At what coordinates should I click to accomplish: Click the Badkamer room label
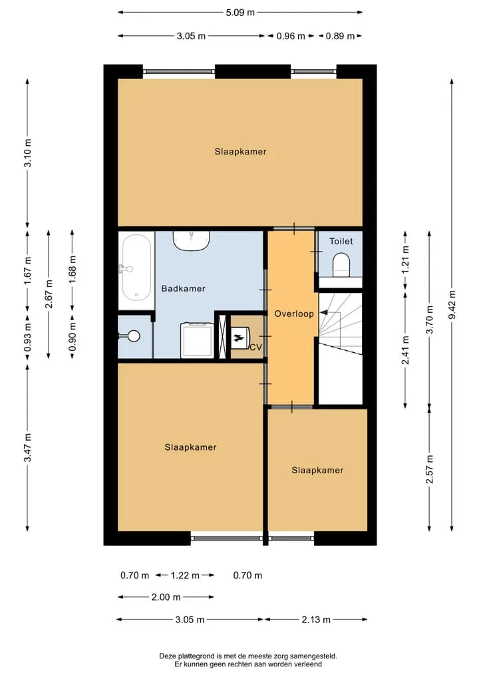(x=183, y=288)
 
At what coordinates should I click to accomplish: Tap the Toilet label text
(x=341, y=241)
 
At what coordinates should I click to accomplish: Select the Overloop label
(x=294, y=314)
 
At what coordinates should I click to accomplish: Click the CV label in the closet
(x=256, y=347)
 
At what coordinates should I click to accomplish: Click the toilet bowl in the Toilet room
(x=341, y=265)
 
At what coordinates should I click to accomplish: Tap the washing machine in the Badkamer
(x=197, y=339)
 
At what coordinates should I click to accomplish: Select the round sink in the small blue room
(x=133, y=336)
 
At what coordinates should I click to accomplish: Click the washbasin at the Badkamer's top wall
(x=191, y=240)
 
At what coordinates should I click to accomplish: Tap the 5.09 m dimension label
(x=240, y=13)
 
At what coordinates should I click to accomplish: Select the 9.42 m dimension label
(x=452, y=305)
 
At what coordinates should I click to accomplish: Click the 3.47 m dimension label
(x=28, y=447)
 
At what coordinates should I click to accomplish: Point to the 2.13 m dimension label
(x=316, y=620)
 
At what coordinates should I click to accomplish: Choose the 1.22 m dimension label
(x=185, y=575)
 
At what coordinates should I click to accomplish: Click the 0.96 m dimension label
(x=291, y=36)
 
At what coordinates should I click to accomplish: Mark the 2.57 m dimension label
(x=429, y=469)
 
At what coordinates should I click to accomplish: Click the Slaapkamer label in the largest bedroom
(x=240, y=152)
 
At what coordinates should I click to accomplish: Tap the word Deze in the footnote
(x=168, y=656)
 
